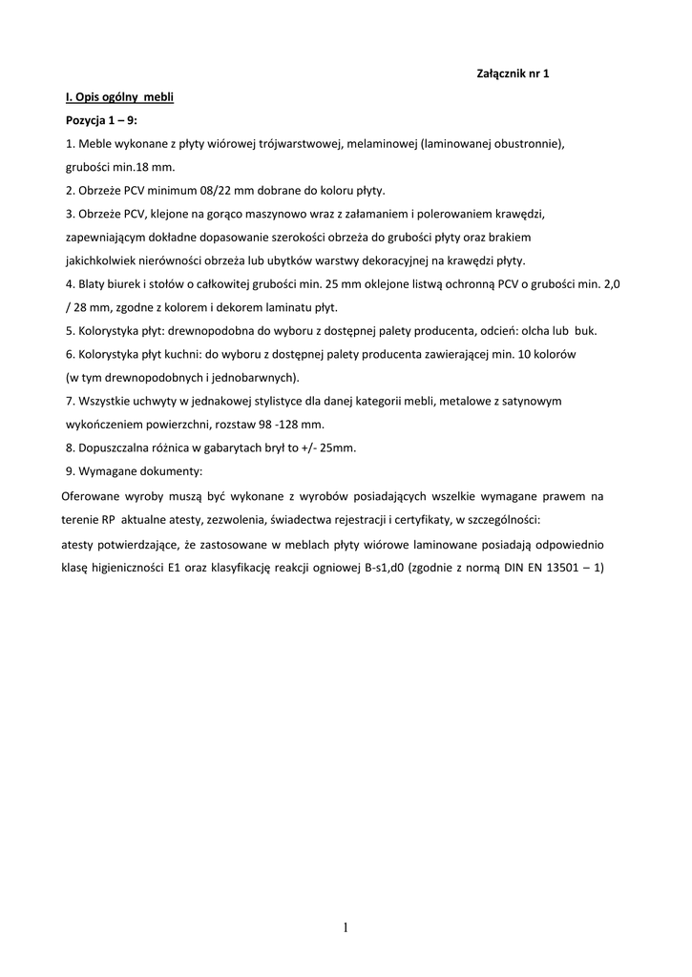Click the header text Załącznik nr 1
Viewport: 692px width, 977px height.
512,73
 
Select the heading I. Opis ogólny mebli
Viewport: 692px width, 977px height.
119,97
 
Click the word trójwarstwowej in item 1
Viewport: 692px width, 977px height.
303,143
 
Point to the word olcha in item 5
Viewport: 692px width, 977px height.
530,331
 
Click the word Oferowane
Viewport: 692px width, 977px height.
94,496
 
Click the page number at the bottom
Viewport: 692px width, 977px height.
346,926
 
